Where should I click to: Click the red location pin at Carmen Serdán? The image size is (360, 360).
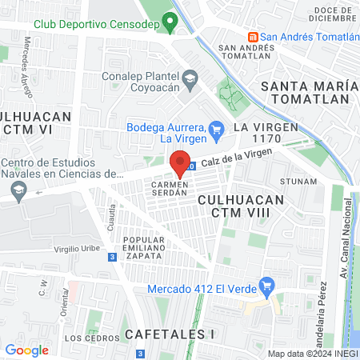tap(182, 160)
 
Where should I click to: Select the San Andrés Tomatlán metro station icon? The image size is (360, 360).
tap(253, 37)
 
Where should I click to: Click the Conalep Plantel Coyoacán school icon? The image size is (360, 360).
tap(190, 78)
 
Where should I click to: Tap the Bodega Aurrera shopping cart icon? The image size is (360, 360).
tap(215, 128)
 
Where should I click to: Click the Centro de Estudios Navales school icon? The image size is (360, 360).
tap(19, 190)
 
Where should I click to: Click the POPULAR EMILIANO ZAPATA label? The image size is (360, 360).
tap(145, 248)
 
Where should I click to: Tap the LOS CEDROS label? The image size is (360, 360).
tap(85, 338)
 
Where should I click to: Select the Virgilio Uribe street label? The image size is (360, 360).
tap(77, 248)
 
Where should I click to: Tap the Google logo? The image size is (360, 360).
tap(26, 350)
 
